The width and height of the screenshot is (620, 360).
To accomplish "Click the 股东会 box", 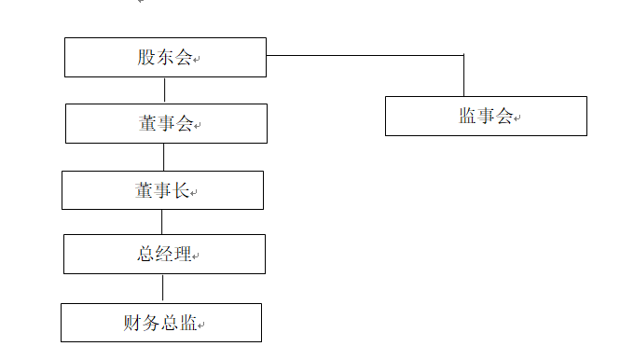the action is point(165,58).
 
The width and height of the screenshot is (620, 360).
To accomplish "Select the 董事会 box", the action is point(166,123).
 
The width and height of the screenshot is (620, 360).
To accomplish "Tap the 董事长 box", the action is point(162,190).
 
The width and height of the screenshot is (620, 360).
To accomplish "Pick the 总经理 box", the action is point(164,254).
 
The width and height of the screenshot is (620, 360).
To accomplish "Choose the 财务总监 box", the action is point(161,323).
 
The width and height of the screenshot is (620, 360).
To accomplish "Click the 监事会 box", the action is point(486,116).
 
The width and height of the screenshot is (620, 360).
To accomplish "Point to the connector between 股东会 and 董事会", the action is point(164,90).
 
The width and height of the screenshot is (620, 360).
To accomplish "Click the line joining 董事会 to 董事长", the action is point(164,157).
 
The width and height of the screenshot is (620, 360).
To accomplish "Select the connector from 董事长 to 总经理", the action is point(161,222).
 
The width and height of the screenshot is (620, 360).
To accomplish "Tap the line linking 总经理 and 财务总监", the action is point(162,288).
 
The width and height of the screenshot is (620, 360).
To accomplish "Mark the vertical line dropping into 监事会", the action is point(463,76).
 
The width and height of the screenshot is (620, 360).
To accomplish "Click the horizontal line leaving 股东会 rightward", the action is point(365,55).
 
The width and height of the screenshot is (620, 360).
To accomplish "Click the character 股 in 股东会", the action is point(145,57).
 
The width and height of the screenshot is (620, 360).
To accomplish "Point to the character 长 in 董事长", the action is point(182,190).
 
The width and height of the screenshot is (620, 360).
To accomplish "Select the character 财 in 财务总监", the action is point(132,323).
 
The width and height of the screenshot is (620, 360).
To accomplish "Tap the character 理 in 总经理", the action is point(183,254).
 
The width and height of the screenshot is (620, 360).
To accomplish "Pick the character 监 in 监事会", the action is point(467,116).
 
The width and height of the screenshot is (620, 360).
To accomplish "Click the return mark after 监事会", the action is point(517,118).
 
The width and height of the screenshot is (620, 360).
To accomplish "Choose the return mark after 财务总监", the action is point(201,325).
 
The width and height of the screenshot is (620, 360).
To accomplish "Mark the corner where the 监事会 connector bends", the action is point(463,55).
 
